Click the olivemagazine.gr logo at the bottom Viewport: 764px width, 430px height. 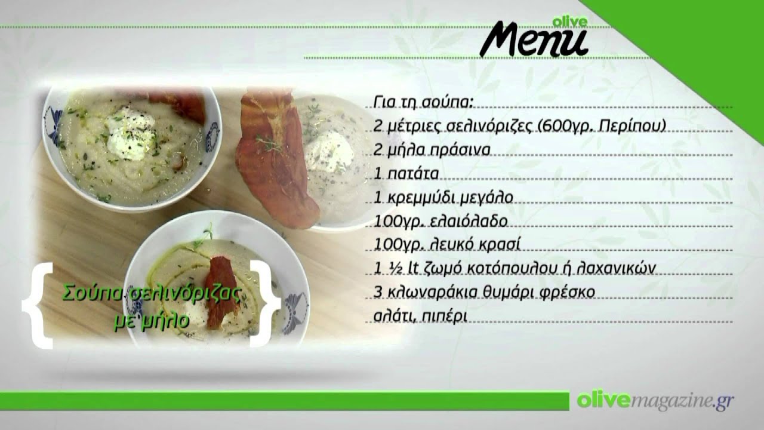(x=655, y=401)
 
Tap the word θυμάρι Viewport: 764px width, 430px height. (x=515, y=293)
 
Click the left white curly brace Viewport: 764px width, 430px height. (x=38, y=305)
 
